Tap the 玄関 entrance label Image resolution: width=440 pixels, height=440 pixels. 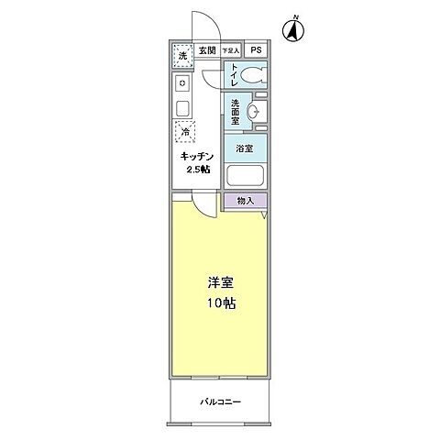click(206, 51)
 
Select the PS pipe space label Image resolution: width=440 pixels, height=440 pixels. click(256, 51)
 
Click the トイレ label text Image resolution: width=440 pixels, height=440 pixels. click(235, 74)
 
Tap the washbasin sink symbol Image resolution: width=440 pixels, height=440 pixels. click(257, 112)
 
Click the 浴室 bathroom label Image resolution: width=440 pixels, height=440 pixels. click(245, 148)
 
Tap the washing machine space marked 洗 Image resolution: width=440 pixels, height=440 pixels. click(181, 56)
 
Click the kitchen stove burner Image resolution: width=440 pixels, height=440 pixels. click(181, 84)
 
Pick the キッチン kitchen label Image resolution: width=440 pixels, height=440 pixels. click(197, 156)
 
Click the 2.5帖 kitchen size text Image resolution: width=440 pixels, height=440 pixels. click(197, 170)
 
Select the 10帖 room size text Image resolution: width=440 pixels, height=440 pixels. click(219, 303)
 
